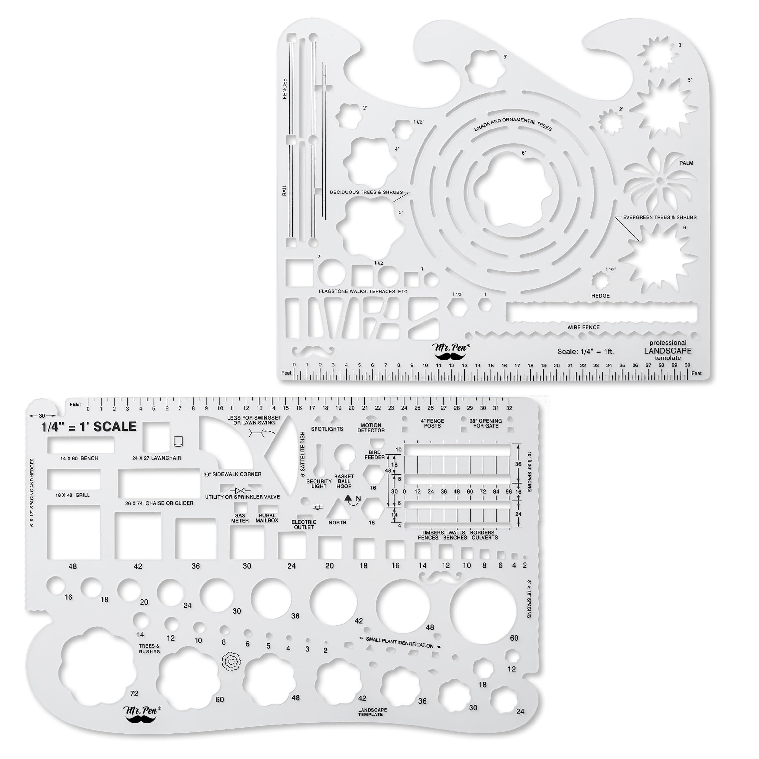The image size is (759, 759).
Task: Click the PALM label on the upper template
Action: pyautogui.click(x=686, y=163)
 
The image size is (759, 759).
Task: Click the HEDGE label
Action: pyautogui.click(x=600, y=296)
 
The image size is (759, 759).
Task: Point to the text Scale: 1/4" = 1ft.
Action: pyautogui.click(x=585, y=352)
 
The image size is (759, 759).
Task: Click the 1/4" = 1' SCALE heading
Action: pyautogui.click(x=89, y=427)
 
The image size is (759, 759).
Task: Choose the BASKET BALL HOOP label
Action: pyautogui.click(x=344, y=481)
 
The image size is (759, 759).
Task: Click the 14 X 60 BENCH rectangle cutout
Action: pyautogui.click(x=81, y=445)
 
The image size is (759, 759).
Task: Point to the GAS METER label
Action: pyautogui.click(x=240, y=518)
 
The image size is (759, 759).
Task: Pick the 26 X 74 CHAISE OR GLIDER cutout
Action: pyautogui.click(x=159, y=483)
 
